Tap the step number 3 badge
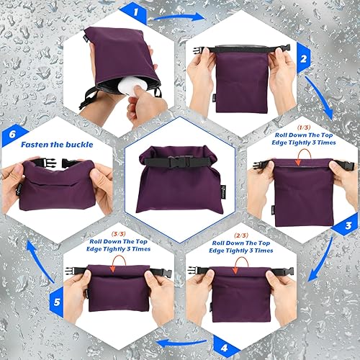coord(348,225)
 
